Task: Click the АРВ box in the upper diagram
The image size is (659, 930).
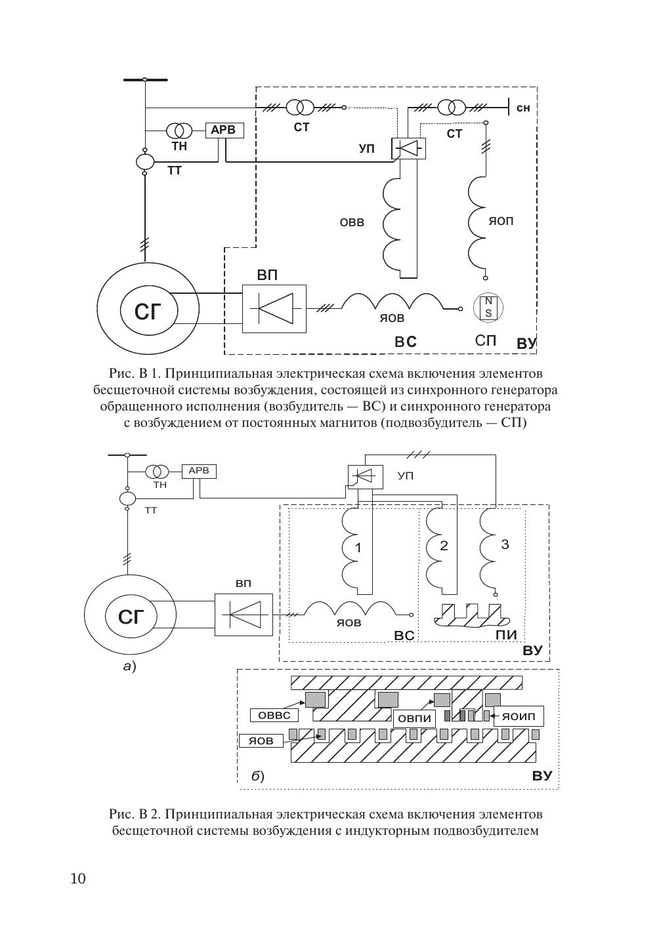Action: (224, 131)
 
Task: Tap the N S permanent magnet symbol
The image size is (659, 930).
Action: (488, 308)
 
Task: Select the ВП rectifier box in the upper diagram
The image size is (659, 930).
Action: (274, 308)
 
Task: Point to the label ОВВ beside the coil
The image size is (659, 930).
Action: (352, 222)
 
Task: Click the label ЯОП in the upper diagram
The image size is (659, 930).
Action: (501, 221)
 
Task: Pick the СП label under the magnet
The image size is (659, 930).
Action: (486, 340)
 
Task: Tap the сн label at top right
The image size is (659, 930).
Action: (523, 108)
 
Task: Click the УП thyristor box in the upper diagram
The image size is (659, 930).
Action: (408, 148)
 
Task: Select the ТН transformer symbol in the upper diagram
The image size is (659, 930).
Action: (179, 131)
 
